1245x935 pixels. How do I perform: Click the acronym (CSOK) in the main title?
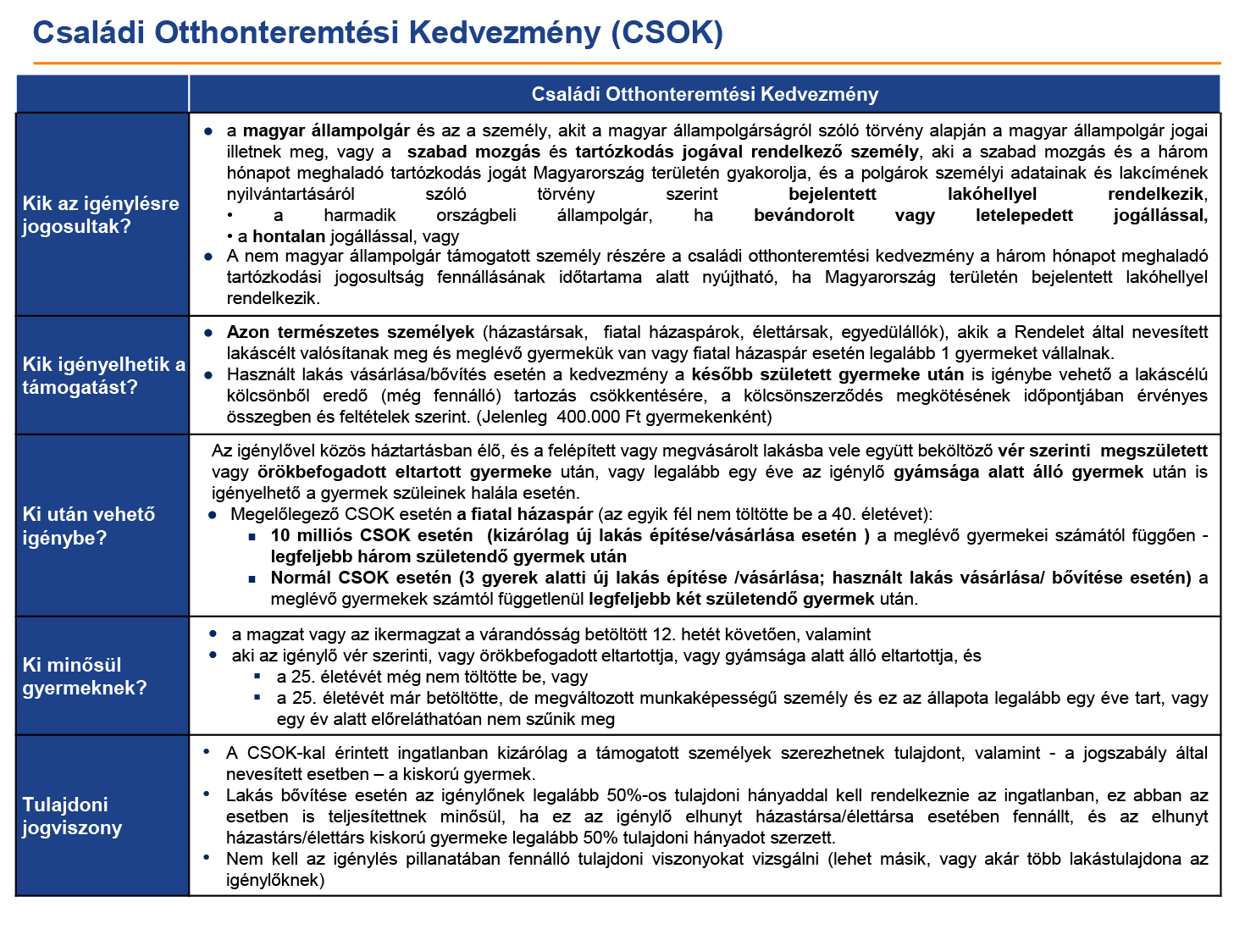[x=667, y=33]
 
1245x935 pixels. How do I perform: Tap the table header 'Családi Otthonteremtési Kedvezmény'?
[x=705, y=94]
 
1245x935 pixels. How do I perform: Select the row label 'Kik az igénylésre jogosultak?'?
[x=101, y=214]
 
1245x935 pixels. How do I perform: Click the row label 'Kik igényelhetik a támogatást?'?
[x=104, y=375]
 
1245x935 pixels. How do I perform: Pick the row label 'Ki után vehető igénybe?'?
[x=88, y=526]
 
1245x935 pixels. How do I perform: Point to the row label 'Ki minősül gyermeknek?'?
[x=85, y=676]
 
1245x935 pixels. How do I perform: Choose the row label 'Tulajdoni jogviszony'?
[x=72, y=816]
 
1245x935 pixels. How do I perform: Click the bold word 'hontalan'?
[x=289, y=236]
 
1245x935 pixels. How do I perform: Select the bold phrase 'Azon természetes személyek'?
[x=350, y=332]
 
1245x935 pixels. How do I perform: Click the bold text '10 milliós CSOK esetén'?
[x=372, y=535]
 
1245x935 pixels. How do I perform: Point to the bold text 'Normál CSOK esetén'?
[x=361, y=578]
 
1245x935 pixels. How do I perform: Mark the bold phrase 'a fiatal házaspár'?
[x=524, y=514]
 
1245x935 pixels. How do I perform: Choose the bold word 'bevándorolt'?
[x=804, y=215]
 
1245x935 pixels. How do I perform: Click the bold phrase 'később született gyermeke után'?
[x=827, y=374]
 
